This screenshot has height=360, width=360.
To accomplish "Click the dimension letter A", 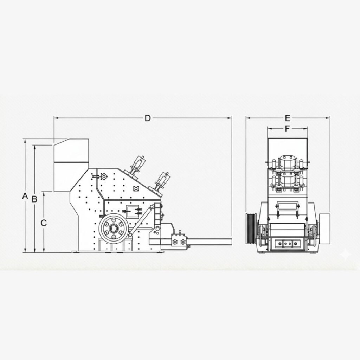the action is click(x=25, y=196).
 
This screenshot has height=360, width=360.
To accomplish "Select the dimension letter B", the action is click(x=34, y=199).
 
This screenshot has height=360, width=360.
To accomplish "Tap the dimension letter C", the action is click(x=44, y=223).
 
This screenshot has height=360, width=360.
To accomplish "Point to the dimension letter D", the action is click(x=148, y=118).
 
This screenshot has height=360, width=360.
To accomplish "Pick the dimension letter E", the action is click(x=288, y=118).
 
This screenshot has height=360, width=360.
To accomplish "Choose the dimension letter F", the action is click(x=287, y=129).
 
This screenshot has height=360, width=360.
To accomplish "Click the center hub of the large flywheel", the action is click(x=114, y=228).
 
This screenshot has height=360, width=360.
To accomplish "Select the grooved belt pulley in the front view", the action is click(x=251, y=229).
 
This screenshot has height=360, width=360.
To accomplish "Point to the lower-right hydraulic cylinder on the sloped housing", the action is click(x=162, y=181).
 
